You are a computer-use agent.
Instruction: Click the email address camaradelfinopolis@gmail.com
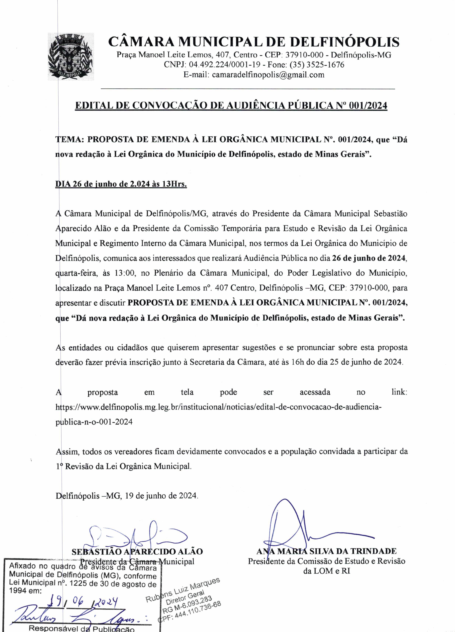tap(268, 75)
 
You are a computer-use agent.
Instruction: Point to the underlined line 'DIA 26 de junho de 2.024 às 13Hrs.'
tap(121, 184)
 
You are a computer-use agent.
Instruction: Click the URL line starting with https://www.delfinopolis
tap(218, 407)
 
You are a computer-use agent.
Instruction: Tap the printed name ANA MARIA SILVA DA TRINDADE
tap(326, 551)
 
